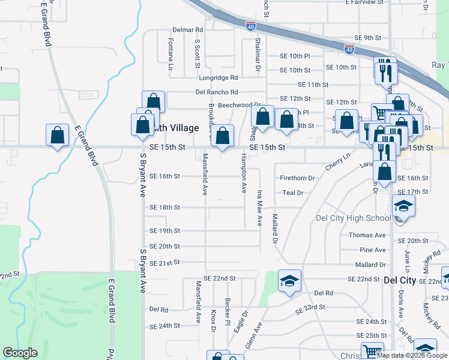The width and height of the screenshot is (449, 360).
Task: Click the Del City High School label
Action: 353,218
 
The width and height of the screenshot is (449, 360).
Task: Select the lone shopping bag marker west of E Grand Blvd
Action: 58,135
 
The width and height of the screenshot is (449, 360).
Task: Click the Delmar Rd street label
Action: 188,29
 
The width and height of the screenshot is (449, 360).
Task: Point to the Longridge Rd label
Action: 218,77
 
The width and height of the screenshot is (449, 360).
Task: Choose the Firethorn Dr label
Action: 297,178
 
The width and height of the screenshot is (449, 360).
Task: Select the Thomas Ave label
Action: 367,235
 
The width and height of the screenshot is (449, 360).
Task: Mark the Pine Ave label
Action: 372,250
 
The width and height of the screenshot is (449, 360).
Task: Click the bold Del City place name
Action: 399,280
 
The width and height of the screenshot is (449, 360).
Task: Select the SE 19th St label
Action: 164,231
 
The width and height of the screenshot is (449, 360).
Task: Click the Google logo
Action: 20,353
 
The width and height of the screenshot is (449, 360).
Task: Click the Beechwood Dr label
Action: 238,104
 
